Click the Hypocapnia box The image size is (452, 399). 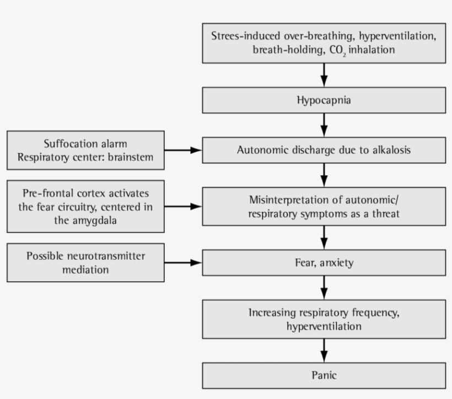(x=324, y=101)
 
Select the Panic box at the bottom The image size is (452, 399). (x=324, y=376)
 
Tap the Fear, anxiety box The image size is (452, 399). (x=324, y=263)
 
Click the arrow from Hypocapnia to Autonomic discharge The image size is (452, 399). (x=324, y=125)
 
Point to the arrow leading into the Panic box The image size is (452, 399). (x=324, y=350)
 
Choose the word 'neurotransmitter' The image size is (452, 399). (x=111, y=256)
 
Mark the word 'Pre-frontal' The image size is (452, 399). (x=47, y=194)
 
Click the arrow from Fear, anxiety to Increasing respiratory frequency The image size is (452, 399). (x=324, y=288)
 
